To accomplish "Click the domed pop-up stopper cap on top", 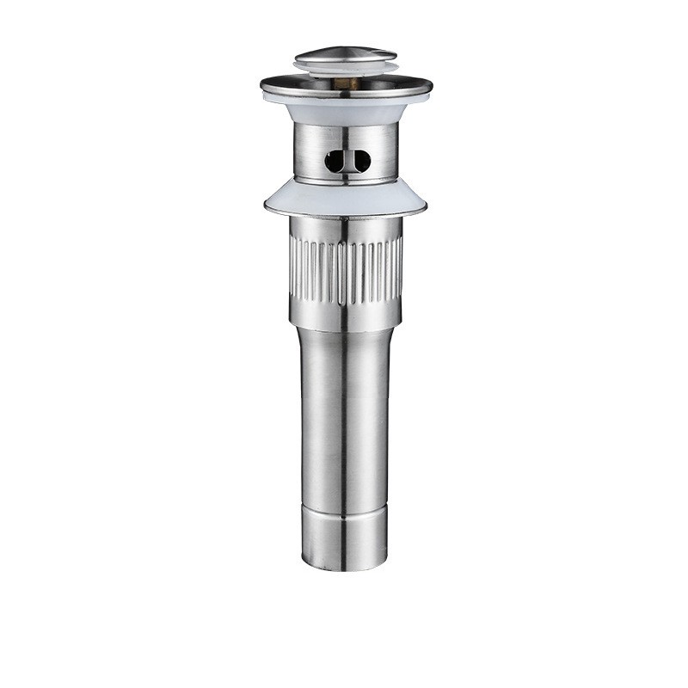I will (x=346, y=57).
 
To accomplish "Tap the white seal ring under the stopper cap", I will (x=347, y=71).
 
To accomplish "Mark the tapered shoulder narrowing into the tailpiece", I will (x=347, y=332).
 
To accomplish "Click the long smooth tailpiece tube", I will (x=347, y=413).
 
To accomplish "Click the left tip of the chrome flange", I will (x=262, y=84).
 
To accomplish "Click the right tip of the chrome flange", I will (x=431, y=84).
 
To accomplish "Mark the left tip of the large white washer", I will (x=266, y=206).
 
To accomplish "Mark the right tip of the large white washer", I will (x=427, y=206).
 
